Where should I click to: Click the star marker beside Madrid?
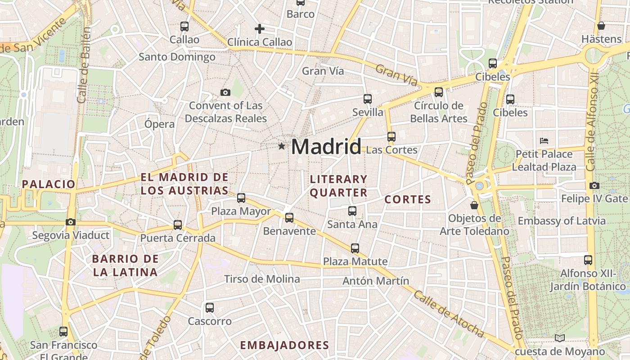tap(282, 146)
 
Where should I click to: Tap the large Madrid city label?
tap(326, 147)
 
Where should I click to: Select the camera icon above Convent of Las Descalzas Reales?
tap(225, 92)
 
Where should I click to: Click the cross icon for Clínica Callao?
tap(260, 29)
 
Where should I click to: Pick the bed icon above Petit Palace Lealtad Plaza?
tap(544, 140)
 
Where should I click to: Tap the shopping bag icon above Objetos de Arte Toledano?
tap(474, 205)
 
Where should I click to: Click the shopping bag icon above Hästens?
tap(601, 25)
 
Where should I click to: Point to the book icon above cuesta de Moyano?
tap(560, 338)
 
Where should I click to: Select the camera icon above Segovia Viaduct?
tap(70, 222)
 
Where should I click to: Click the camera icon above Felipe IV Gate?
tap(594, 185)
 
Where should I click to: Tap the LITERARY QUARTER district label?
tap(339, 186)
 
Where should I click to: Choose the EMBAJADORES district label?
tap(284, 345)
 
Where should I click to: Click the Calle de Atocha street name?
tap(449, 314)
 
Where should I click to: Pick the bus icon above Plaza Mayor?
tap(241, 198)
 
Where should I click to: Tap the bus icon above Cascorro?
tap(210, 308)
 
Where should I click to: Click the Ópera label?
tap(160, 124)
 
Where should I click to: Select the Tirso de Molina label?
tap(262, 279)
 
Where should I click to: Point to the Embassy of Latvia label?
tap(562, 221)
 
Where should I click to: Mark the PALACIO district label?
tap(49, 184)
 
